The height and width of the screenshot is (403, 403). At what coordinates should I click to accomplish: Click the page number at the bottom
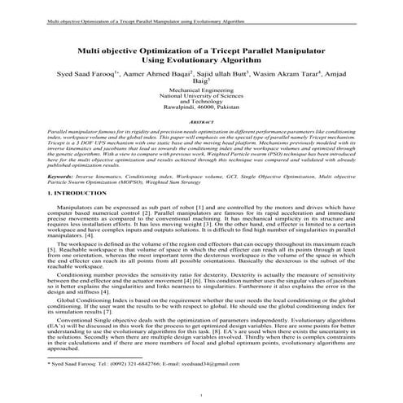point(201,396)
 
